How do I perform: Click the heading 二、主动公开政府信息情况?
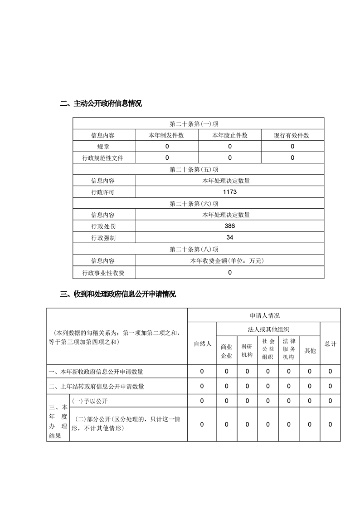click(x=101, y=103)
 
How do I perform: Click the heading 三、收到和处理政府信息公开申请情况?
click(x=118, y=294)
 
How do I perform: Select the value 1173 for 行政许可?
click(x=230, y=192)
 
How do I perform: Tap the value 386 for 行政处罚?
click(x=230, y=226)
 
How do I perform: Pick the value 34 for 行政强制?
click(x=230, y=237)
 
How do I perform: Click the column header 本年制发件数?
click(x=167, y=135)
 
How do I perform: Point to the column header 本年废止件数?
click(x=230, y=135)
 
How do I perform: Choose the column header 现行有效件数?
click(x=292, y=135)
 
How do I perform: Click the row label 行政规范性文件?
click(x=103, y=158)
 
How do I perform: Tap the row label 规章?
click(x=103, y=147)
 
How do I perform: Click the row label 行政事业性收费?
click(x=103, y=273)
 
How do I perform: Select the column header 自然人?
click(x=202, y=344)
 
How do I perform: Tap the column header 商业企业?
click(x=226, y=351)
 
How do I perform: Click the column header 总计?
click(x=330, y=344)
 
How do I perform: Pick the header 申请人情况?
click(x=264, y=315)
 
